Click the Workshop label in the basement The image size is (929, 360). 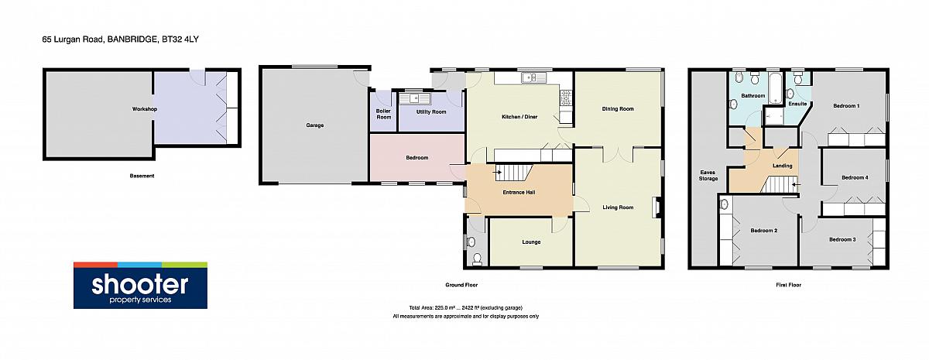click(x=145, y=109)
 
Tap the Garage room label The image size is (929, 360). click(x=315, y=125)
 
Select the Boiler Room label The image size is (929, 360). click(x=384, y=114)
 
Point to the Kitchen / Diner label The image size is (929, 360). click(x=519, y=117)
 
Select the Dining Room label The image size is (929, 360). click(x=618, y=109)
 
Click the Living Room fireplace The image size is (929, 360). click(x=656, y=207)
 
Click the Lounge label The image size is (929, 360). click(x=531, y=242)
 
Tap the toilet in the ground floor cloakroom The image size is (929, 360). click(x=478, y=259)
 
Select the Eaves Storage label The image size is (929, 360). click(x=708, y=176)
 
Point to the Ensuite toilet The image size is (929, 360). click(x=798, y=78)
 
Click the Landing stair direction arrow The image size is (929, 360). click(x=794, y=185)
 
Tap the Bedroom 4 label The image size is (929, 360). click(x=855, y=177)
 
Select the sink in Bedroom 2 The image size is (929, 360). click(x=724, y=204)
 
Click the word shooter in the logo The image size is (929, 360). click(x=140, y=285)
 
